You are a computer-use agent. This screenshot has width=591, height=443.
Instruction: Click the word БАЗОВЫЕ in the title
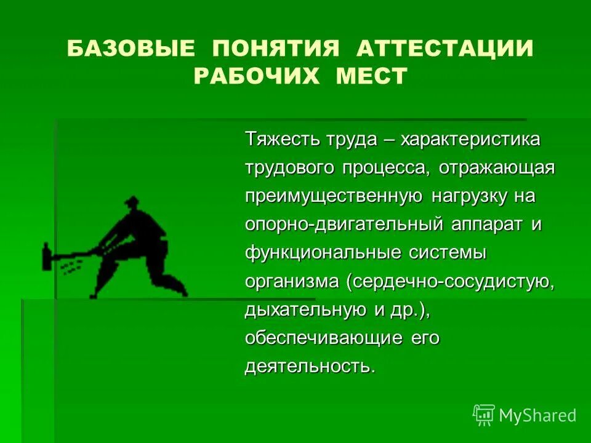click(132, 49)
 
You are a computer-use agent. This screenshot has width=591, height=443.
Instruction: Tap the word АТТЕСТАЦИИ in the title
click(444, 49)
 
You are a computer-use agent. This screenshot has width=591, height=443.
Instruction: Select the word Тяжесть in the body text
click(283, 139)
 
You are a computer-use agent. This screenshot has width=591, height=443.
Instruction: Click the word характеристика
click(470, 139)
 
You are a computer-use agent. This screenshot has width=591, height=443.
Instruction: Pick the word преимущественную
click(333, 196)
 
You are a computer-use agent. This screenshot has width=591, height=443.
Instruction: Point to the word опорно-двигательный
click(344, 225)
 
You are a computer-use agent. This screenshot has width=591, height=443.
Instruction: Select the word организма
click(292, 282)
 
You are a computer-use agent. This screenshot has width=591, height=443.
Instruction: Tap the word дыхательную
click(307, 311)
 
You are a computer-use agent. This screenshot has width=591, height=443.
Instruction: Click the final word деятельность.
click(309, 367)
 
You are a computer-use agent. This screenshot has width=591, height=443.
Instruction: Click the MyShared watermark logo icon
click(484, 415)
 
